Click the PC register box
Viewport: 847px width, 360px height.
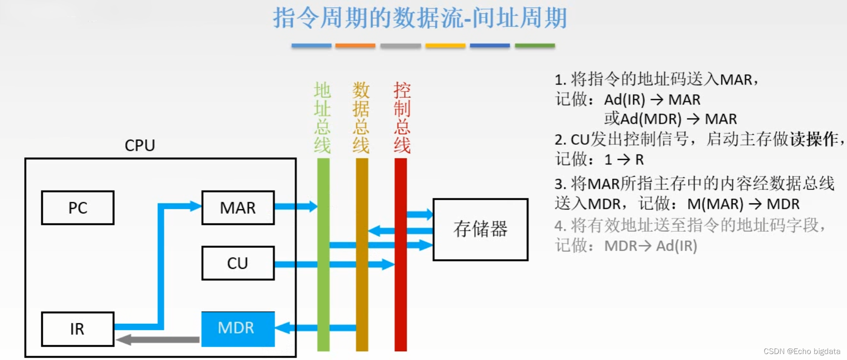pos(77,208)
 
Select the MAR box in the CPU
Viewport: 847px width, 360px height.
pos(238,208)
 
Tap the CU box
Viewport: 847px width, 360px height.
pos(238,263)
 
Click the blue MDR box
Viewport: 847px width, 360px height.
pos(238,328)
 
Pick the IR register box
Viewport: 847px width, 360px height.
pos(77,329)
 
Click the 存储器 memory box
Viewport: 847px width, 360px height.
pos(480,229)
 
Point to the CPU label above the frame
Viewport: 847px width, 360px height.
pos(140,146)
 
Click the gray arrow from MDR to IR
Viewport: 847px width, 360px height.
pos(158,340)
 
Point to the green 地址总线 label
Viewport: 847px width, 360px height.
pos(322,118)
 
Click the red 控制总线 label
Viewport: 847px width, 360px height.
pos(402,118)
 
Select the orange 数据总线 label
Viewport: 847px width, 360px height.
pos(361,118)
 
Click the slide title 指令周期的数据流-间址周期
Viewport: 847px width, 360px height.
pos(420,18)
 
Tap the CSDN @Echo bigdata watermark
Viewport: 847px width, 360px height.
pos(802,351)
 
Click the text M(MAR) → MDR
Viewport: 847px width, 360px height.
pos(743,204)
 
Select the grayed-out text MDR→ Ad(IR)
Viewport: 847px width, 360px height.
pos(651,246)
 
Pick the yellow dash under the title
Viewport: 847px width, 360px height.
pos(445,46)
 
